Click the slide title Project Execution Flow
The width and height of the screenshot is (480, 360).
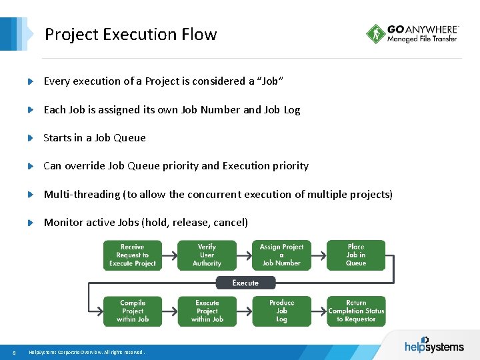[131, 34]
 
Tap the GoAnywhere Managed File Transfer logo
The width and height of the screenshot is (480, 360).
[412, 34]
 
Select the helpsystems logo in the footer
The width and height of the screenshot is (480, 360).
[434, 345]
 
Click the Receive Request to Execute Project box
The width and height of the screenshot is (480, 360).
[133, 255]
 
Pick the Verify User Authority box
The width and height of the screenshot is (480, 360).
[207, 255]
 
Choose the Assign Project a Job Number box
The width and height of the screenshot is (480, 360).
[281, 255]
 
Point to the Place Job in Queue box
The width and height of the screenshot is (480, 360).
[356, 255]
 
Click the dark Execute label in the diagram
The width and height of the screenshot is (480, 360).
[245, 283]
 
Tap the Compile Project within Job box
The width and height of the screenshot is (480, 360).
[133, 311]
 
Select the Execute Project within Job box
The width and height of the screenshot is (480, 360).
[207, 311]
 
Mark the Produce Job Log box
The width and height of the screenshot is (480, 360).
[281, 311]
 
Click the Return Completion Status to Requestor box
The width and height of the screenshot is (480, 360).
[356, 311]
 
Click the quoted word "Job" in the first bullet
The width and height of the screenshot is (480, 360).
[270, 81]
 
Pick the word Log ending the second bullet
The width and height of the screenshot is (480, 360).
[292, 110]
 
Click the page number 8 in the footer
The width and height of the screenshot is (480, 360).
[14, 352]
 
